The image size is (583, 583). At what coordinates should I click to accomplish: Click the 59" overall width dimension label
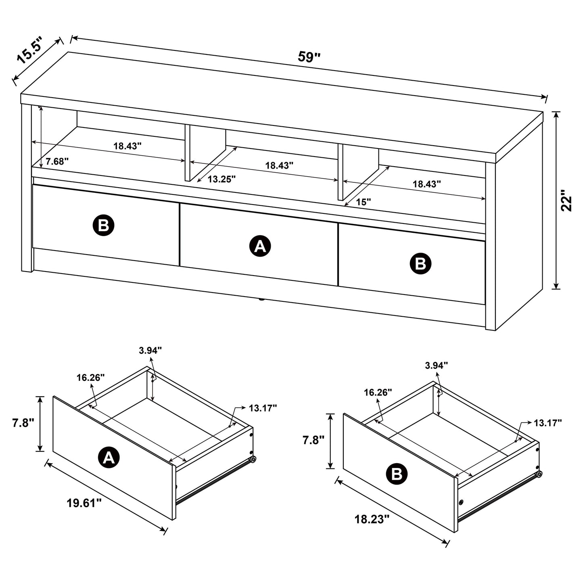coord(309,57)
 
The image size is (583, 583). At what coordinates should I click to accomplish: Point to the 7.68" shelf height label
coord(57,162)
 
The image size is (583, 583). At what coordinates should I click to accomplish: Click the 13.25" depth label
coord(221,179)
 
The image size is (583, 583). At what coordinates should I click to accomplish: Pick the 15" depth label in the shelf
coord(363,202)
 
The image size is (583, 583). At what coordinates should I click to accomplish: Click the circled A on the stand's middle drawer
coord(260,246)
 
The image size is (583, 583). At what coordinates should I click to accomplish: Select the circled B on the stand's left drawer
coord(104,225)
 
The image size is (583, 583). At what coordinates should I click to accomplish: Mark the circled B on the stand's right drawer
coord(420,264)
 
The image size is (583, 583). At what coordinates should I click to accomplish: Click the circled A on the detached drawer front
coord(109,457)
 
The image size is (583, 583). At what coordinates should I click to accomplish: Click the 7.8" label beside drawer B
coord(313,440)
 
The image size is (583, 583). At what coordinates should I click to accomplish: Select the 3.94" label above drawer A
coord(150,350)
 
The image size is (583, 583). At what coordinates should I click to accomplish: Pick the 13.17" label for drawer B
coord(547,422)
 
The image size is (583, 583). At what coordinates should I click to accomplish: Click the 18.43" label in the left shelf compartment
coord(127,146)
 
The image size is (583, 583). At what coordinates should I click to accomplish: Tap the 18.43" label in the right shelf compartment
coord(426,184)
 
